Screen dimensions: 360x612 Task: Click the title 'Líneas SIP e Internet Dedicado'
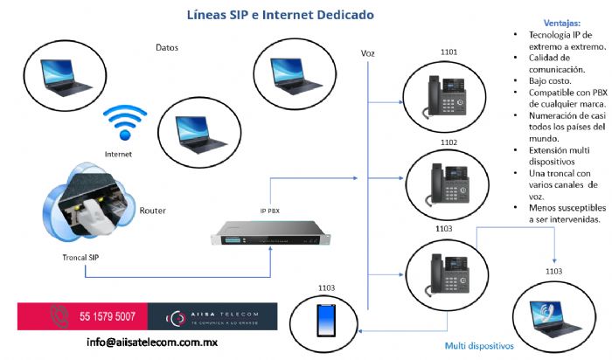[x=269, y=15]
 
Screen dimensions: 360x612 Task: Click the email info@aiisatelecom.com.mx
[x=152, y=342]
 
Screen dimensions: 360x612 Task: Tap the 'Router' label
[x=153, y=211]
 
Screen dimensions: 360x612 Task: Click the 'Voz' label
[x=368, y=53]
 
